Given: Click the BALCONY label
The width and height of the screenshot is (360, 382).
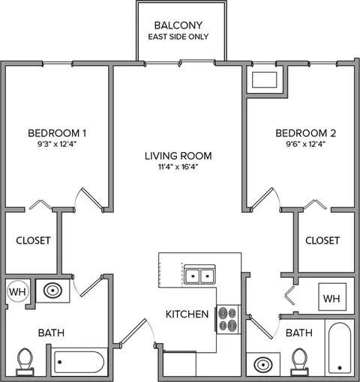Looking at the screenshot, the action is [x=178, y=25].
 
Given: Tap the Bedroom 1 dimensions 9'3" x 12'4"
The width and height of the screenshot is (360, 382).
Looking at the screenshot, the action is [x=57, y=144].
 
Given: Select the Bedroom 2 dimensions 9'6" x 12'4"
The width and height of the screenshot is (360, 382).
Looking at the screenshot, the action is [x=305, y=144].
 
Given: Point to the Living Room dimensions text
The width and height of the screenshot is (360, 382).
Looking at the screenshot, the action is [x=178, y=167].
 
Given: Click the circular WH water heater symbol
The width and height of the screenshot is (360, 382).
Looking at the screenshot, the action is [x=18, y=291].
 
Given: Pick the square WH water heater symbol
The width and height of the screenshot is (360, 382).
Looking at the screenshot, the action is [x=332, y=297].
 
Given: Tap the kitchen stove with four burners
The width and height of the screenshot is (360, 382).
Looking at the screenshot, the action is [x=227, y=319].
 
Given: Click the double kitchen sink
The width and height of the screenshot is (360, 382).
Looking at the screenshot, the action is [x=199, y=275].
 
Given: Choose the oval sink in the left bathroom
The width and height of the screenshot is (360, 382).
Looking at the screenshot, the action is [x=52, y=290].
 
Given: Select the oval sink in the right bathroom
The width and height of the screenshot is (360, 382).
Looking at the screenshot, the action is [x=263, y=365].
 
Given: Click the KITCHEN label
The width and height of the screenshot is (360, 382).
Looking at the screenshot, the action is [x=187, y=314].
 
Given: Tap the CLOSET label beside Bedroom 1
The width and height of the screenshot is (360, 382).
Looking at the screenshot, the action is [x=34, y=240].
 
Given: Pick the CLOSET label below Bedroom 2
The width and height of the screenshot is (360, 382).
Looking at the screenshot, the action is [x=322, y=240].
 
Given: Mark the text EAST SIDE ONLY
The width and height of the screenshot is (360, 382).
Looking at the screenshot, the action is [x=178, y=37].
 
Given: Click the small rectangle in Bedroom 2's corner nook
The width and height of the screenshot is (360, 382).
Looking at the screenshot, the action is [x=265, y=80].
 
